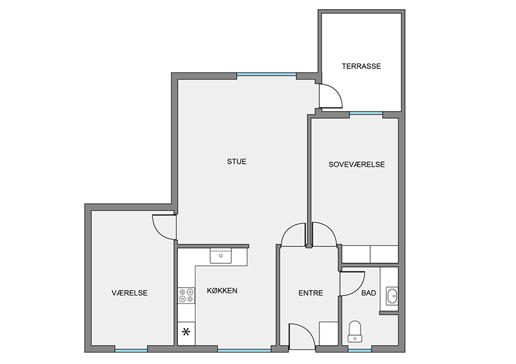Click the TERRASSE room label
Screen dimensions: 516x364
pyautogui.click(x=361, y=66)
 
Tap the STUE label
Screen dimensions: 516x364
pyautogui.click(x=237, y=161)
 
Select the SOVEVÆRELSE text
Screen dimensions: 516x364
pyautogui.click(x=356, y=164)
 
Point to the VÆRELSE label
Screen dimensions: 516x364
pyautogui.click(x=129, y=292)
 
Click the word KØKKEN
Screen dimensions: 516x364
pyautogui.click(x=222, y=291)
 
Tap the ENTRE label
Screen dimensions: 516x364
pyautogui.click(x=311, y=292)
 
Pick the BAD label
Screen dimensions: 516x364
pyautogui.click(x=368, y=292)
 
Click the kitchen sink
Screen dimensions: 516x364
pyautogui.click(x=221, y=256)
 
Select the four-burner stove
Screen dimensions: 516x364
pyautogui.click(x=186, y=295)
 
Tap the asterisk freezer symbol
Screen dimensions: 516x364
pyautogui.click(x=186, y=332)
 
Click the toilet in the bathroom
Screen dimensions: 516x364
pyautogui.click(x=355, y=331)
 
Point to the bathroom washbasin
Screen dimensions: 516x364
pyautogui.click(x=392, y=295)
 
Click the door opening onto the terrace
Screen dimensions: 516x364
pyautogui.click(x=331, y=96)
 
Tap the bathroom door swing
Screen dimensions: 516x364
pyautogui.click(x=353, y=283)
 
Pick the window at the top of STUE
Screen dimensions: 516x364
pyautogui.click(x=266, y=75)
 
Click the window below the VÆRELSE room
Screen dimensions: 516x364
pyautogui.click(x=131, y=350)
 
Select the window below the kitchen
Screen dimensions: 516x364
pyautogui.click(x=244, y=350)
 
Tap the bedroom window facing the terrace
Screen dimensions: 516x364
pyautogui.click(x=366, y=113)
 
